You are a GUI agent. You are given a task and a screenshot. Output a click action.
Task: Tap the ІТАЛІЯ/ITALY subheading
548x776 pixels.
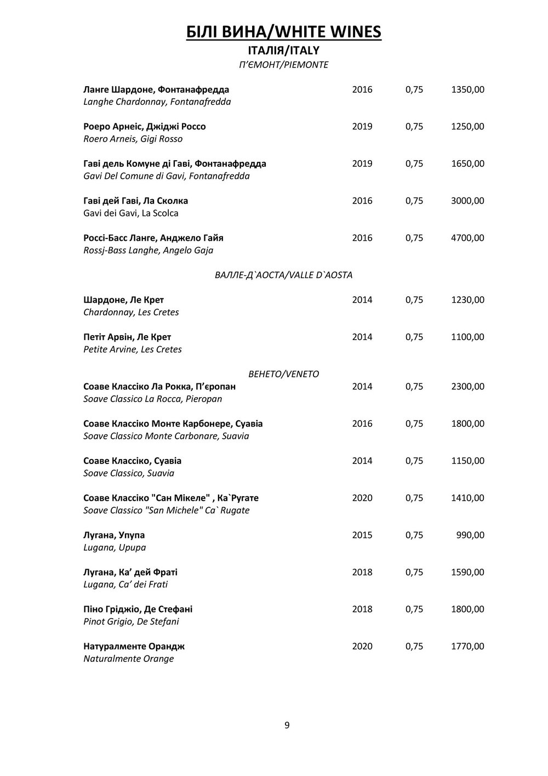coord(283,50)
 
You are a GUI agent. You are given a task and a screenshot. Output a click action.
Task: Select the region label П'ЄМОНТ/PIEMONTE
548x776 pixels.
coord(283,65)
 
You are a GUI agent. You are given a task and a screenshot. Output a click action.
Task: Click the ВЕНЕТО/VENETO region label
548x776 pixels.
coord(283,374)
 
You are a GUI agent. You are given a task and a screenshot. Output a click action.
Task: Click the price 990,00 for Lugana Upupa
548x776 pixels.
coord(470,535)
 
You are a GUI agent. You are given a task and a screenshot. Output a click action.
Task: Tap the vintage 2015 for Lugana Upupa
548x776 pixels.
coord(362,535)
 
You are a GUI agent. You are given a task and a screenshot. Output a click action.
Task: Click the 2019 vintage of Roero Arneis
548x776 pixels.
coord(362,127)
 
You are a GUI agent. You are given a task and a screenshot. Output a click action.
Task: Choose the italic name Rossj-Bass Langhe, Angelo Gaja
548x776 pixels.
coord(148,251)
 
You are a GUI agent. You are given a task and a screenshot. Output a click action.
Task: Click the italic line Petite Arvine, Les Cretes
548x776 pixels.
coord(132,349)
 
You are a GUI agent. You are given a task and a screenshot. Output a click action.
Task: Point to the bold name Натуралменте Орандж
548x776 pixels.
coord(134,647)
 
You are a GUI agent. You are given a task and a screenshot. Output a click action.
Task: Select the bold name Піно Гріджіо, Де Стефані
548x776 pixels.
coord(138,609)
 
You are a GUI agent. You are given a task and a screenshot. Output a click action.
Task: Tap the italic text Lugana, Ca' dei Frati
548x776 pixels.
coord(125,585)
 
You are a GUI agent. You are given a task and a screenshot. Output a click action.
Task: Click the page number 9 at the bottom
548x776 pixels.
coord(287,726)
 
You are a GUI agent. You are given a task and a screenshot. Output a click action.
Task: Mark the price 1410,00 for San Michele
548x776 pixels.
coord(467,498)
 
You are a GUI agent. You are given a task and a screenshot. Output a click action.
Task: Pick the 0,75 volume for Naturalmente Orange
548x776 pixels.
coord(414,647)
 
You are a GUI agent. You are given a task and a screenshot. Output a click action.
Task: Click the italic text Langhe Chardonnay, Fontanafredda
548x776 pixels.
coord(157,102)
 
